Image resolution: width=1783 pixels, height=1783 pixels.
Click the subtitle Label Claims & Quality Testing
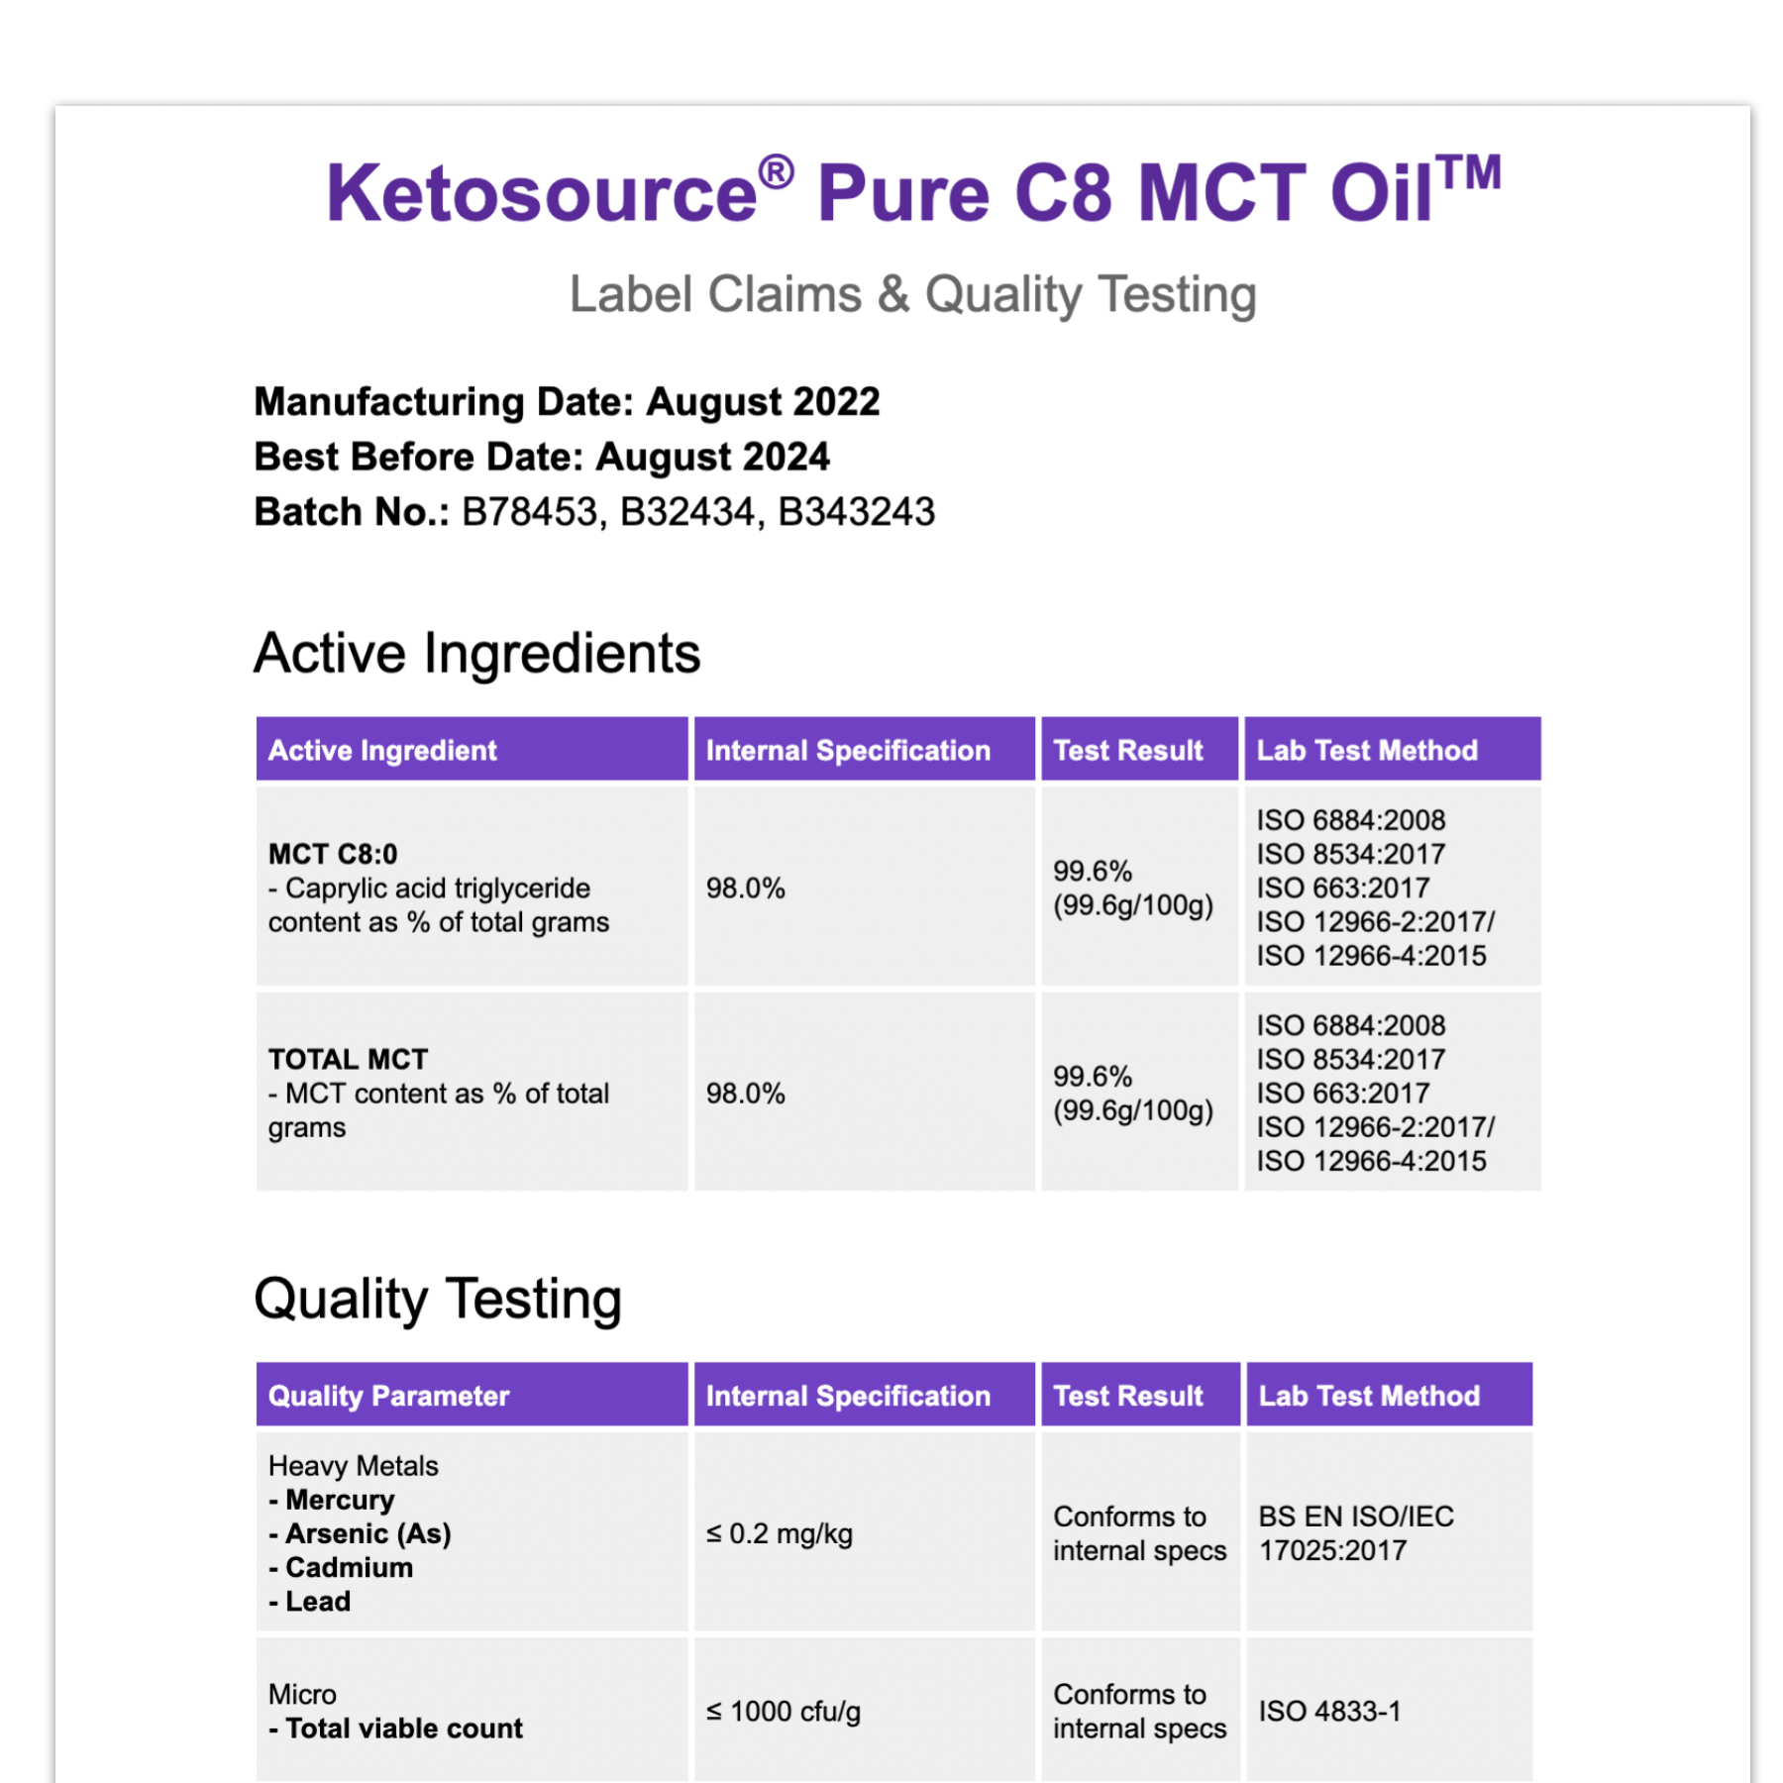tap(912, 294)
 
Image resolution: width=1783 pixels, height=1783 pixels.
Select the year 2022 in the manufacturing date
tap(836, 402)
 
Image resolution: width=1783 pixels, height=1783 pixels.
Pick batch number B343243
tap(856, 512)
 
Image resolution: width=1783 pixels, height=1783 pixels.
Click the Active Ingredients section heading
tap(476, 654)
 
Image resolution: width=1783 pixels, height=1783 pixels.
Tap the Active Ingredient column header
tap(382, 751)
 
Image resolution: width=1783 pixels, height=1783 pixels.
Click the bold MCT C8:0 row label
tap(333, 854)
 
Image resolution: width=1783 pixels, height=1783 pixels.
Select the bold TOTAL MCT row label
tap(348, 1059)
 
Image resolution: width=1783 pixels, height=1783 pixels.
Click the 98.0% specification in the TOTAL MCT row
tap(745, 1094)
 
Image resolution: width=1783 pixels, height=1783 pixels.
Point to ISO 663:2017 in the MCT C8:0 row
tap(1342, 889)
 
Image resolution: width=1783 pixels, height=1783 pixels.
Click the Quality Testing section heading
tap(437, 1299)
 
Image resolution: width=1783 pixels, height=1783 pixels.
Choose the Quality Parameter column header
tap(388, 1396)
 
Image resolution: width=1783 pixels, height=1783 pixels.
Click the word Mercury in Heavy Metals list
tap(339, 1500)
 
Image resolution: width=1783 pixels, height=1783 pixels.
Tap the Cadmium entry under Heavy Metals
tap(349, 1568)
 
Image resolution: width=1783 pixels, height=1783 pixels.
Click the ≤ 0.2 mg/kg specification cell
tap(779, 1534)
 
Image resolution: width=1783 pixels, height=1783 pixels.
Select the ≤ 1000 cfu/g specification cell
tap(783, 1712)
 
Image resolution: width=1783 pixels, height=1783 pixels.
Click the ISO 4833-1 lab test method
tap(1329, 1712)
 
